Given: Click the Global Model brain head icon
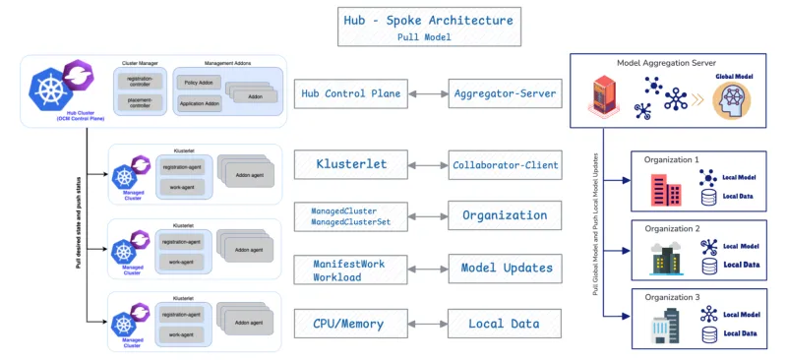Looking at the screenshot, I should pyautogui.click(x=732, y=102).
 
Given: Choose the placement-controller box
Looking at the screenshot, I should pyautogui.click(x=137, y=103).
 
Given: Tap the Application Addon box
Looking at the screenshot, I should pyautogui.click(x=200, y=103).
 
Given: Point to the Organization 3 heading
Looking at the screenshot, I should pyautogui.click(x=672, y=298).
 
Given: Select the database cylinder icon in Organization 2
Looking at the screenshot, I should pyautogui.click(x=708, y=265).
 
